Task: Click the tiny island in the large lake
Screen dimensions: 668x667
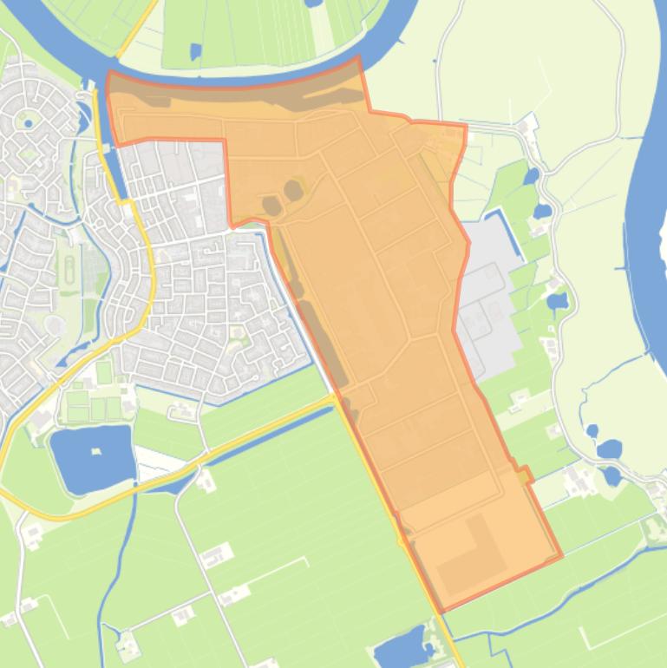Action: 96,452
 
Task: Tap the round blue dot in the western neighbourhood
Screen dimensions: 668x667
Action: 29,124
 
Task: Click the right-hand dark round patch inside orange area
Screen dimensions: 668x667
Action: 295,188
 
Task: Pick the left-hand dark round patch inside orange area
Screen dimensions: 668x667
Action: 271,206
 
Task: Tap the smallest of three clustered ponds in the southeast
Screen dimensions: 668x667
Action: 592,430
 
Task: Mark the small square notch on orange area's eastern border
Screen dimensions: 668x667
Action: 524,474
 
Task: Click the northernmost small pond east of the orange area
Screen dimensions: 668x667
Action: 531,176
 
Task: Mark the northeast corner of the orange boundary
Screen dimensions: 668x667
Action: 465,127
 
